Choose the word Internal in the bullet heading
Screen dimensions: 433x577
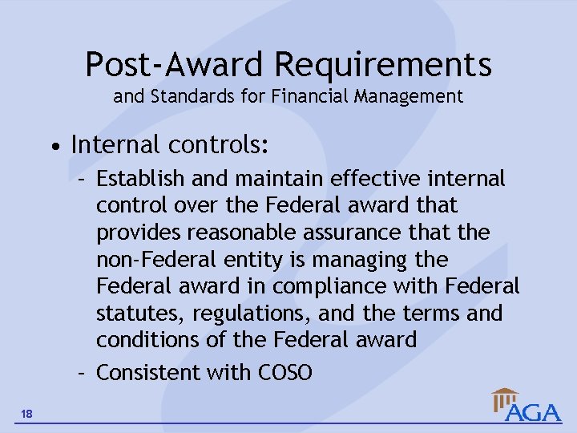coord(115,145)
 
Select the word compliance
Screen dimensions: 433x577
coord(348,286)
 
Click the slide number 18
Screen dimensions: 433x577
coord(27,413)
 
